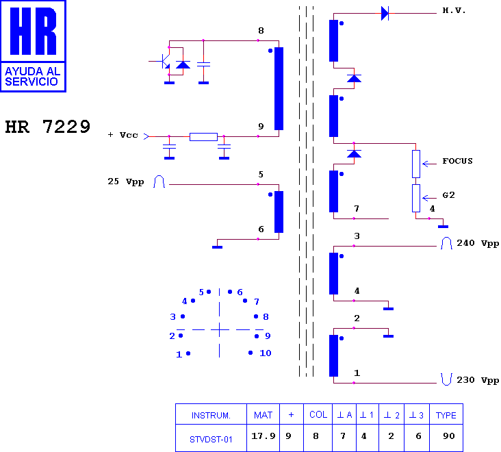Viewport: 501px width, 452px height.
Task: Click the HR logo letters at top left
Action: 34,31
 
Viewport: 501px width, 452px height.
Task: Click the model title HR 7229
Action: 48,127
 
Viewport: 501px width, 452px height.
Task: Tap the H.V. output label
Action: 454,10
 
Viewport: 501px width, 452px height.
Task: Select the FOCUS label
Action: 457,161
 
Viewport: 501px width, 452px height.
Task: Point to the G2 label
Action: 448,195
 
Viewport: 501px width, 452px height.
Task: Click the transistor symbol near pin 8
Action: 164,61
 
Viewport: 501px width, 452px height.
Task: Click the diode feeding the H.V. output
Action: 385,14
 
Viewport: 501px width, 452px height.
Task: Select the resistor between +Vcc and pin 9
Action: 203,137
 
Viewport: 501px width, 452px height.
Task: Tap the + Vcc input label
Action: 123,135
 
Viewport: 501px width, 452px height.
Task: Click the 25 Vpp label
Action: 125,181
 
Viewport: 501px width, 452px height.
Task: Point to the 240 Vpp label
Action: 478,243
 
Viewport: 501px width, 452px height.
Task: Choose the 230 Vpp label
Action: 478,380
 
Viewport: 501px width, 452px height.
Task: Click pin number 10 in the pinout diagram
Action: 265,353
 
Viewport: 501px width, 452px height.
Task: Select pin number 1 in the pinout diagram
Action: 179,354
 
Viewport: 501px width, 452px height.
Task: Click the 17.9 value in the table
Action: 264,436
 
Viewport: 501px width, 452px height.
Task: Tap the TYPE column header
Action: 446,415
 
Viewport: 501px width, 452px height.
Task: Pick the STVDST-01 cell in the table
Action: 211,440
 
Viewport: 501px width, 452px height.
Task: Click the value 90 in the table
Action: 449,436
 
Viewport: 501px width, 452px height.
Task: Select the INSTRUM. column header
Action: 211,416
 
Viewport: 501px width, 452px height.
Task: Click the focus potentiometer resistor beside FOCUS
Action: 416,164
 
